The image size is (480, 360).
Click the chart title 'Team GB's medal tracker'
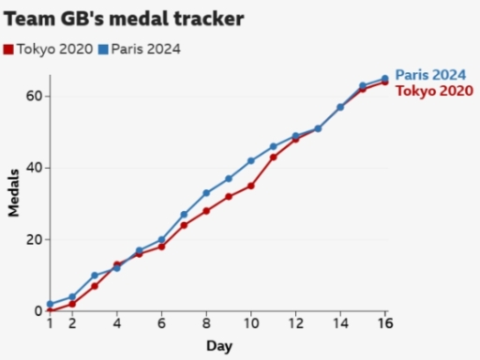pos(124,19)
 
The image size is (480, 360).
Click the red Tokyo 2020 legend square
pos(9,49)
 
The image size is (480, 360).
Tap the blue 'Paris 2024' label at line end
pos(430,75)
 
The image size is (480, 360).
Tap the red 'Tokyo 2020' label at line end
pos(432,90)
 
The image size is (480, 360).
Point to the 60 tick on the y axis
pos(31,96)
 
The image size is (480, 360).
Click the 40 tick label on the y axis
pos(31,168)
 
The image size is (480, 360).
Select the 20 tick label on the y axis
pos(31,239)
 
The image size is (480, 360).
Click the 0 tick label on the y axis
pos(35,310)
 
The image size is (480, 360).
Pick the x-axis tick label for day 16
pos(384,324)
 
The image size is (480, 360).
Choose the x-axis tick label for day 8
pos(206,324)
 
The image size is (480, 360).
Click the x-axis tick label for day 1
pos(50,324)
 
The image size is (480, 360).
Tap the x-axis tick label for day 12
pos(295,324)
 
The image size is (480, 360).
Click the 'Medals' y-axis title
pos(14,192)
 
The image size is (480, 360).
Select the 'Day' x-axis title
pos(218,346)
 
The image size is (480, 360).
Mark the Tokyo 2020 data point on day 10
pos(250,186)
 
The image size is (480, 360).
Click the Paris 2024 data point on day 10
pos(250,160)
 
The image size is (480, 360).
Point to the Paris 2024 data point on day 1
pos(50,304)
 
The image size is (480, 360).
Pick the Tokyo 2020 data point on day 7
pos(184,225)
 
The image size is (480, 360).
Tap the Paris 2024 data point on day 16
pos(384,79)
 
